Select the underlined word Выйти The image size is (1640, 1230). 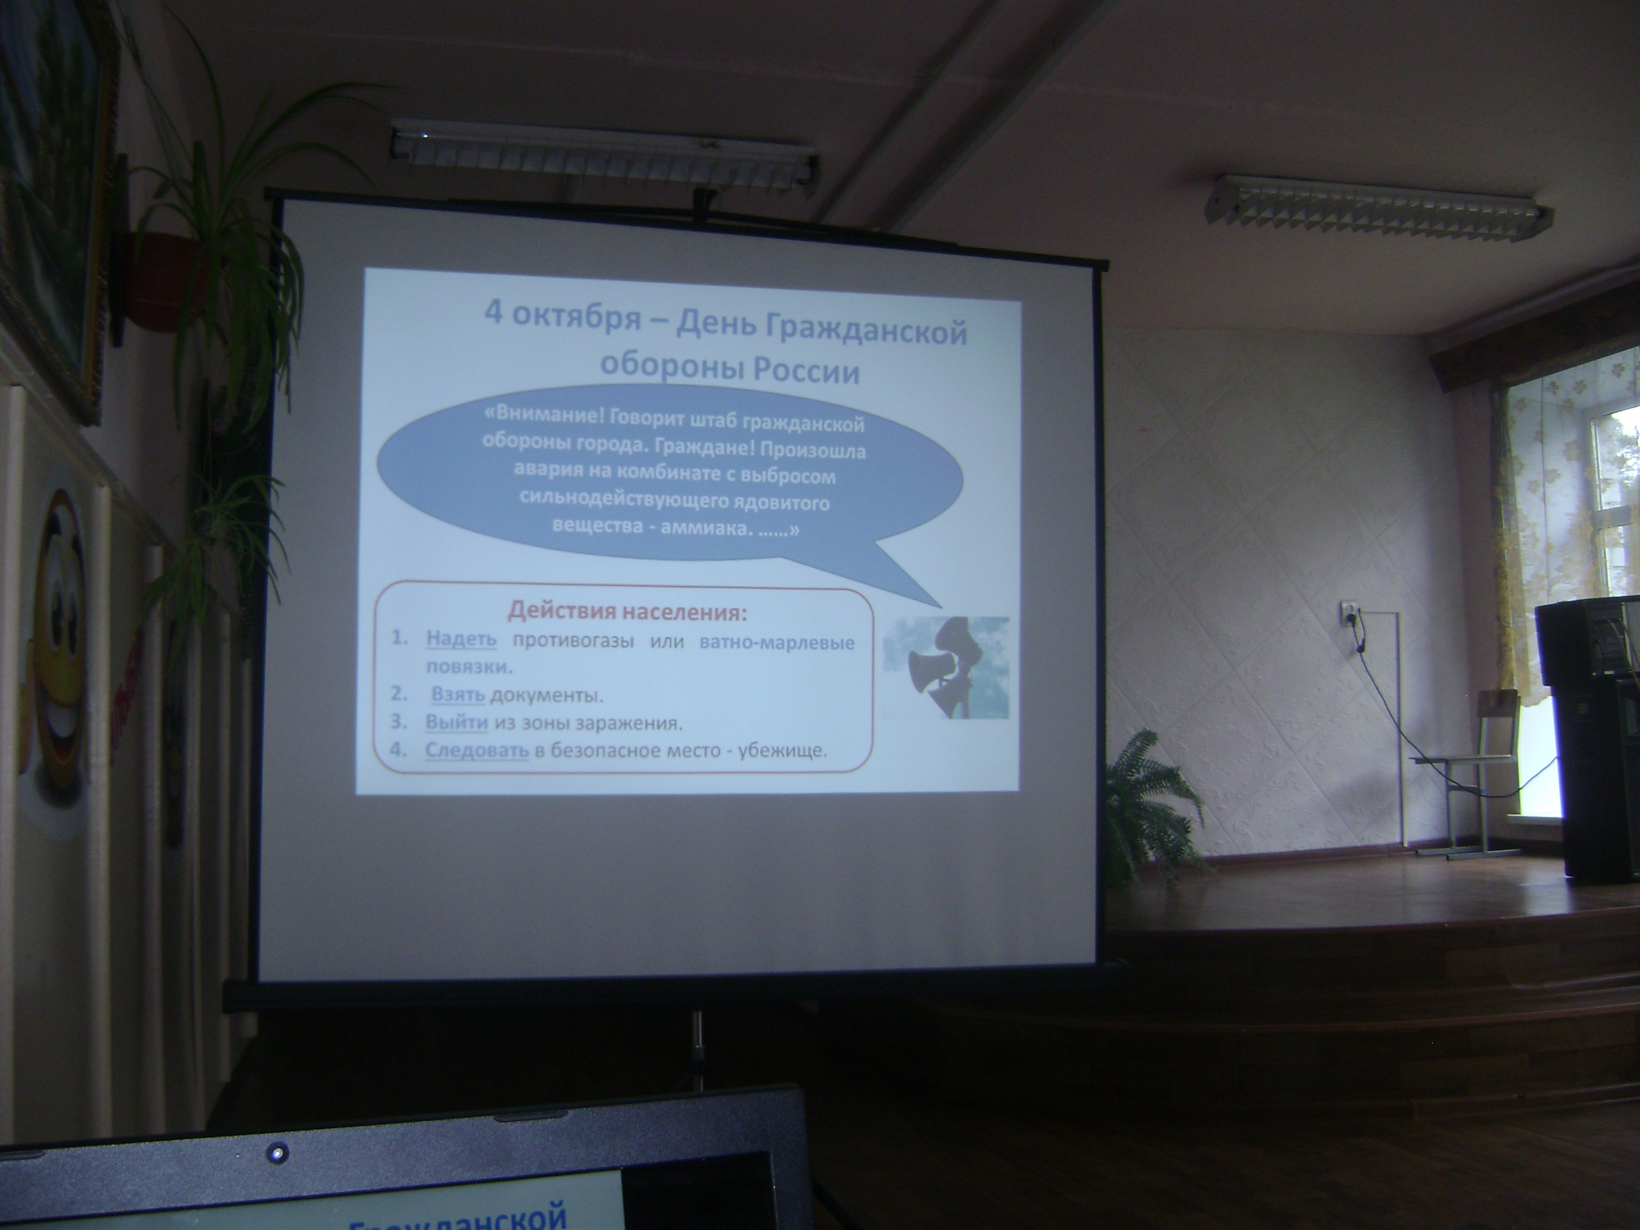(x=456, y=723)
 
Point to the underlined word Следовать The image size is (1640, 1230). (x=477, y=751)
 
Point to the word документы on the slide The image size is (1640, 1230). (x=545, y=696)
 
